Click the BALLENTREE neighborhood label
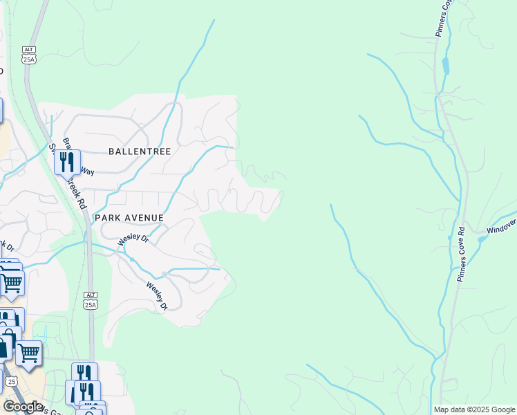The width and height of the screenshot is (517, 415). pos(139,151)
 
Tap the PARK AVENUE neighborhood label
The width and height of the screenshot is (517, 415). pos(129,218)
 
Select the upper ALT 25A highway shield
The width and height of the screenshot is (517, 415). pos(28,55)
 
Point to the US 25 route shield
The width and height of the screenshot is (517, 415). pos(10,381)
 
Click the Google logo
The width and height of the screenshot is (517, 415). pos(23,407)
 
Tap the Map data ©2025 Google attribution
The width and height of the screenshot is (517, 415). pos(473,409)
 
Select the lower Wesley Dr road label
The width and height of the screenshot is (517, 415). pos(156,296)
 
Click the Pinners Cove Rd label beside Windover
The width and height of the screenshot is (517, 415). pos(461,254)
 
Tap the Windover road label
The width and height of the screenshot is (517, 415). pos(500,227)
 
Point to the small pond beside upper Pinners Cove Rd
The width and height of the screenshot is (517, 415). pos(444,66)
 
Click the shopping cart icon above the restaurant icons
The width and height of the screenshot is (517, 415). pos(28,353)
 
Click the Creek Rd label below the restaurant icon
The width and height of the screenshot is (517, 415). pos(77,196)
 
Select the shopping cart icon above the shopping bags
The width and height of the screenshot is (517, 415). pos(12,282)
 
